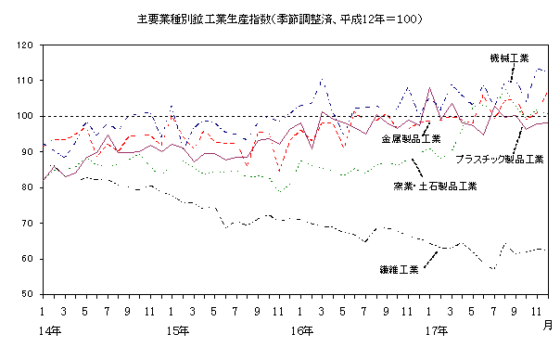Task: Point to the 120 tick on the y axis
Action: (x=25, y=45)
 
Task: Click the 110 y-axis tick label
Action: (x=25, y=81)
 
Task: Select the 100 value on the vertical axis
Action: (x=25, y=117)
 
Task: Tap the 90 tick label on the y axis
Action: (x=28, y=152)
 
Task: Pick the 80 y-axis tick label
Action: (x=28, y=187)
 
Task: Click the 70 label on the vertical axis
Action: (x=28, y=224)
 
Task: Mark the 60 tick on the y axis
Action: (x=28, y=259)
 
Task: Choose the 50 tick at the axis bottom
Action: (x=28, y=294)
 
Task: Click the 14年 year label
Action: (x=50, y=329)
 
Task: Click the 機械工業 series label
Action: (x=509, y=58)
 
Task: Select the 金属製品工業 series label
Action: (x=411, y=138)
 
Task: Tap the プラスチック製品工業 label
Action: (x=498, y=159)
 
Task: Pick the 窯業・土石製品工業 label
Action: (x=434, y=186)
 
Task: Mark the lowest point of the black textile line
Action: (x=493, y=269)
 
